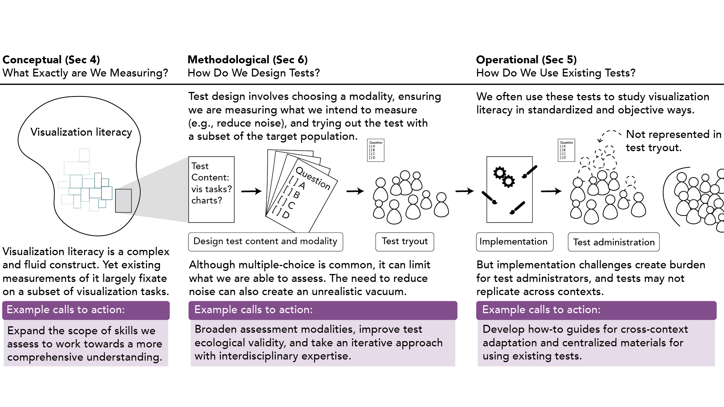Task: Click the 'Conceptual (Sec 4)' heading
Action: [51, 60]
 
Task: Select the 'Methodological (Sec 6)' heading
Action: [247, 60]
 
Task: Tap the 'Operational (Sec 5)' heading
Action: [526, 60]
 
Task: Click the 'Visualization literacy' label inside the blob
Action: [81, 132]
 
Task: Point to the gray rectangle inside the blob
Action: [123, 201]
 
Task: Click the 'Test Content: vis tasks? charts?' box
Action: [211, 189]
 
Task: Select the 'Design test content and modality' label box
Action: [265, 242]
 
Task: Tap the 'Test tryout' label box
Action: [405, 242]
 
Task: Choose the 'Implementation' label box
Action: [514, 242]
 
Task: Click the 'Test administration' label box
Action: [614, 242]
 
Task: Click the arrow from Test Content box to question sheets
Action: [251, 191]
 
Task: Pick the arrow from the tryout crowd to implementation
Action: [464, 191]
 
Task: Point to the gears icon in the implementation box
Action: [504, 177]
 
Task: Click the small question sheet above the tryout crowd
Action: [376, 150]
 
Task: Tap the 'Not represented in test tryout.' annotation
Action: [673, 141]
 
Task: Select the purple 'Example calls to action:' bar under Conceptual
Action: [86, 310]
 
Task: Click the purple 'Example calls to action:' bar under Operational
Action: [596, 310]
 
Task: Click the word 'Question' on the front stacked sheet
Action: [313, 178]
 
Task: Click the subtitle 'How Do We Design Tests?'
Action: [253, 73]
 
